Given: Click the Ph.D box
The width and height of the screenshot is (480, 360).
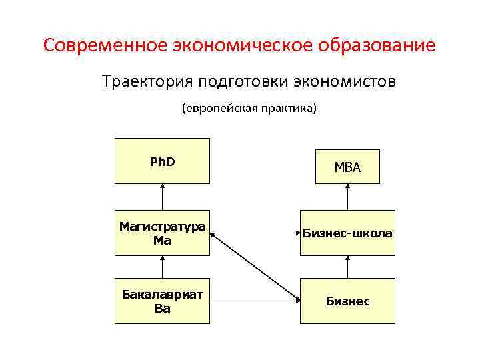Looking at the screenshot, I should (162, 161).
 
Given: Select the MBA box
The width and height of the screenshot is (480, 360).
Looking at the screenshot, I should (347, 167).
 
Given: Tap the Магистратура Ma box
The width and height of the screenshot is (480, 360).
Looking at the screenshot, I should (162, 233).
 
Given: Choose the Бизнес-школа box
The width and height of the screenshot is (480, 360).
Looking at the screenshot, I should (347, 233).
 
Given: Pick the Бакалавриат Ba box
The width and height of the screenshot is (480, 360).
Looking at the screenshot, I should (162, 301).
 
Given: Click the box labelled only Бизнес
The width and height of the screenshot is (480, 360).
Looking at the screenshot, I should (347, 301).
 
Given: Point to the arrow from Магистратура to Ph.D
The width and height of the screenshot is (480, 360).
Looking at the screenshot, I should (162, 197).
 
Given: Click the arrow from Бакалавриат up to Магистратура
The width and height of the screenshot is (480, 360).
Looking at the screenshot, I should (162, 267).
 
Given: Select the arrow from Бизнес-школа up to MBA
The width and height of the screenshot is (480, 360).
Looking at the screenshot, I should (347, 197).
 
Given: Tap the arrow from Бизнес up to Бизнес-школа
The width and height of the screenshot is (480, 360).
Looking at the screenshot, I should (347, 267).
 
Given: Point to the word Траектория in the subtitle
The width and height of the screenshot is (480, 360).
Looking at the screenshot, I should (140, 81).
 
